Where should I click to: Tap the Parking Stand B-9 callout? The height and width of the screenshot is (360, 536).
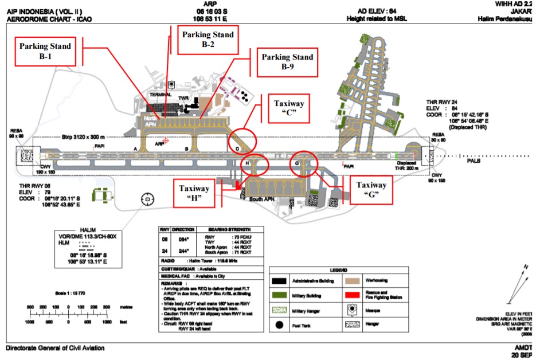tap(287, 61)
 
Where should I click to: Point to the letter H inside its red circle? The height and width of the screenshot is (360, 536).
tap(247, 163)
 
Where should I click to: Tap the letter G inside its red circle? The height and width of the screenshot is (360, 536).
tap(296, 163)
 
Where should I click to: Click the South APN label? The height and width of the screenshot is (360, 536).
tap(262, 199)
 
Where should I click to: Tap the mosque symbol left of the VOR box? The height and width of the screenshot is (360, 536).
tap(148, 199)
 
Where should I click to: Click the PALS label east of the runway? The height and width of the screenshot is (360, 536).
tap(473, 161)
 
